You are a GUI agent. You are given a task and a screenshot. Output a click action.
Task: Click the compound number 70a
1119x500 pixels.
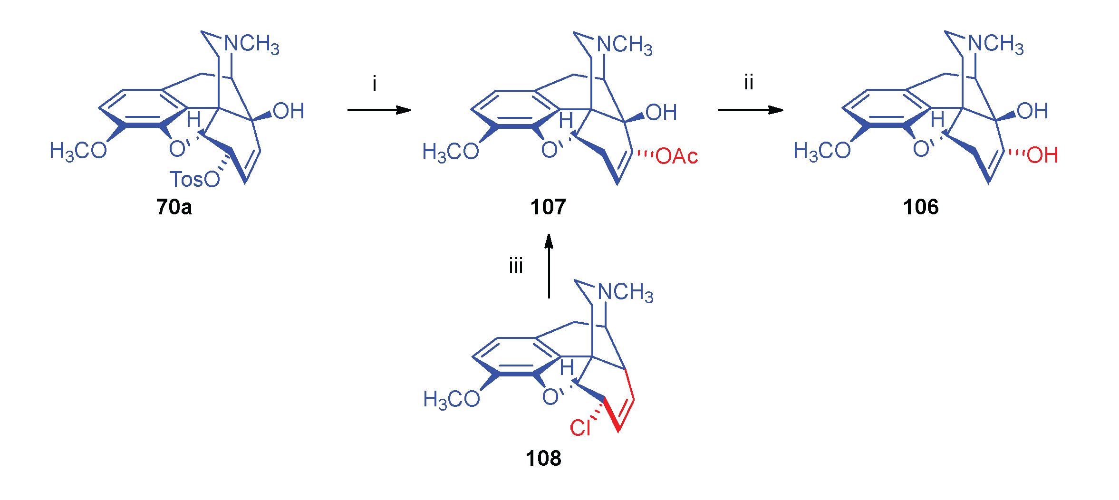[174, 207]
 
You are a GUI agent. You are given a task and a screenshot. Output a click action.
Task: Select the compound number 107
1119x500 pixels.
[548, 207]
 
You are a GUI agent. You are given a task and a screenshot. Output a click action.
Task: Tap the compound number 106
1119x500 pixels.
[921, 207]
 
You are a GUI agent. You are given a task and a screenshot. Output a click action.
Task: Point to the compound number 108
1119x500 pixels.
[543, 459]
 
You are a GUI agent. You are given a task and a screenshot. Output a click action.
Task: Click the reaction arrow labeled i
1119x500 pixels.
[379, 110]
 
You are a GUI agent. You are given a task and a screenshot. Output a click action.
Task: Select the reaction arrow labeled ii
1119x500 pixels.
[750, 110]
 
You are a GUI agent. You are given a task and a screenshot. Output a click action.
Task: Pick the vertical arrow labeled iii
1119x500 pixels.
[549, 266]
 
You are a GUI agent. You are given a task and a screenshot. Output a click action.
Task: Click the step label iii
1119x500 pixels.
[516, 266]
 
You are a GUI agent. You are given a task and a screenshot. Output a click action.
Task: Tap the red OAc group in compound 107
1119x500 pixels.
[676, 156]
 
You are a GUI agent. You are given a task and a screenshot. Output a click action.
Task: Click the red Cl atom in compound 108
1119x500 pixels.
[580, 428]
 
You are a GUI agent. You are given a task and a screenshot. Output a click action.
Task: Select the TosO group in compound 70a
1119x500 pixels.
[195, 180]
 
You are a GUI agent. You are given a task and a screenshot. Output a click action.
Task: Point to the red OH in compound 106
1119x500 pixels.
[1042, 155]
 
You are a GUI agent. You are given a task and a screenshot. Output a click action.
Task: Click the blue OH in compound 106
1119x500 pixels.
[1032, 111]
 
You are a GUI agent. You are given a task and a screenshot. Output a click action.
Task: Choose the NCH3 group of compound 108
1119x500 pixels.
[626, 293]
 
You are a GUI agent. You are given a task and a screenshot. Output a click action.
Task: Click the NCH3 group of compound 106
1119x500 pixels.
[996, 44]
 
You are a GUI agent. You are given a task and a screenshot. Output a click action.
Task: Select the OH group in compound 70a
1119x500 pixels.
[289, 111]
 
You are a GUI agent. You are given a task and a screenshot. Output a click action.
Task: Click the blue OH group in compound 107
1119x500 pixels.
[661, 113]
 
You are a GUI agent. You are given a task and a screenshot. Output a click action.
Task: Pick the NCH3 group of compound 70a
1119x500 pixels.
[252, 44]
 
